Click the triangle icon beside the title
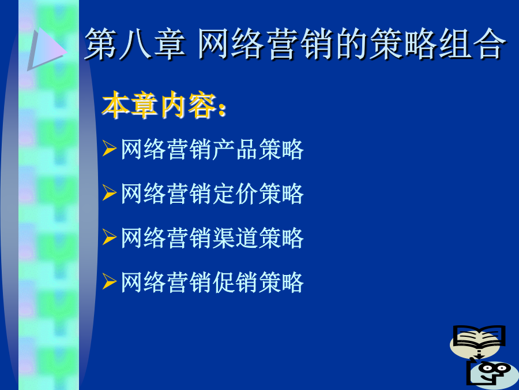pyautogui.click(x=46, y=49)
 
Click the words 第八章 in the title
pyautogui.click(x=135, y=44)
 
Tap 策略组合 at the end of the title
pyautogui.click(x=438, y=44)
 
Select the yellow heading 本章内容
pyautogui.click(x=160, y=105)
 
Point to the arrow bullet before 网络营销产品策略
pyautogui.click(x=109, y=148)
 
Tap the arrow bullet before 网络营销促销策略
pyautogui.click(x=109, y=281)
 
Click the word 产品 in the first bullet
pyautogui.click(x=235, y=149)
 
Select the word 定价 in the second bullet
pyautogui.click(x=235, y=194)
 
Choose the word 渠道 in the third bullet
pyautogui.click(x=235, y=238)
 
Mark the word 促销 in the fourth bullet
pyautogui.click(x=235, y=283)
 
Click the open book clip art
pyautogui.click(x=478, y=340)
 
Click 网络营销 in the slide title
pyautogui.click(x=265, y=44)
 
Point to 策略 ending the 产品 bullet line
pyautogui.click(x=281, y=149)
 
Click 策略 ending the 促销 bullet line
pyautogui.click(x=281, y=283)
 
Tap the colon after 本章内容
pyautogui.click(x=223, y=109)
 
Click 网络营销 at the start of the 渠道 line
pyautogui.click(x=166, y=238)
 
